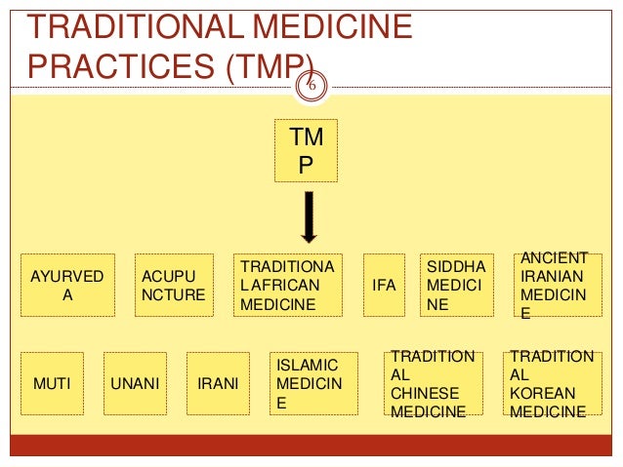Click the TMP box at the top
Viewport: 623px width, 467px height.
click(306, 151)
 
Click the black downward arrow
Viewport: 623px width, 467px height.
click(308, 216)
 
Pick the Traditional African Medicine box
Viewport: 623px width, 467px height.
click(286, 285)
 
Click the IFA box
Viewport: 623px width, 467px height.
click(384, 285)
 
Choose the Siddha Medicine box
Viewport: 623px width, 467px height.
click(452, 285)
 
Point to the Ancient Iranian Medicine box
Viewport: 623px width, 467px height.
click(554, 285)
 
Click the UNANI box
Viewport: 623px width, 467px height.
click(135, 383)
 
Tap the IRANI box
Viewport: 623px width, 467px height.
click(218, 383)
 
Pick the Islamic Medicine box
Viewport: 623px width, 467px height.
click(310, 383)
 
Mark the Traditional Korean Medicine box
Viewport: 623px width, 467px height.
click(549, 383)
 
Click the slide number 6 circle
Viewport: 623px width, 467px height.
click(311, 84)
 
